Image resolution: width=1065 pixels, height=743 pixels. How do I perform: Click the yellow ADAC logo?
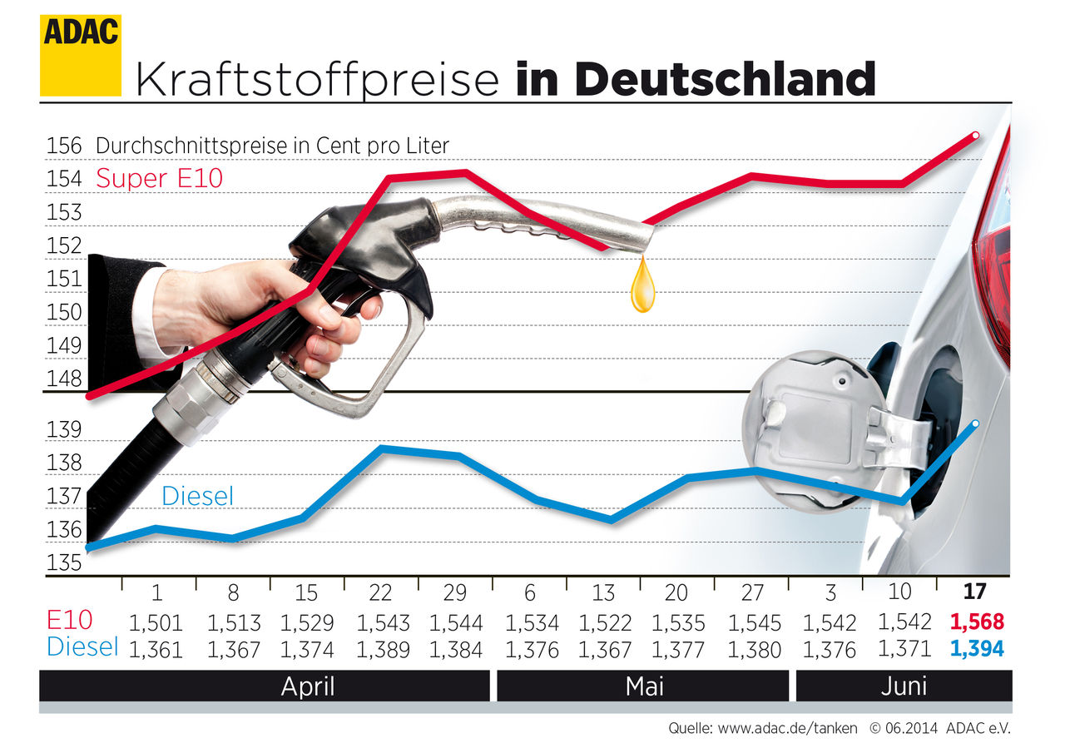[x=80, y=55]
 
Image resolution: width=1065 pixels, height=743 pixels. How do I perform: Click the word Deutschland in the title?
[x=696, y=79]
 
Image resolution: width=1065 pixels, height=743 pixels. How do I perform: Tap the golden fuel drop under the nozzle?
[x=642, y=286]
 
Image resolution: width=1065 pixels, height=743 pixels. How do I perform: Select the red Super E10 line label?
[x=160, y=178]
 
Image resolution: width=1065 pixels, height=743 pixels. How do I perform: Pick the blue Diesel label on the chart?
[x=197, y=497]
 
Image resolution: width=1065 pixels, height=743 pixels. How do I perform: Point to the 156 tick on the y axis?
[x=64, y=146]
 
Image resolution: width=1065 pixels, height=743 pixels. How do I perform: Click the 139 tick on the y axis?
[x=64, y=431]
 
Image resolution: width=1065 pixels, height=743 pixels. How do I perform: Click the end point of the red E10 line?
[x=975, y=135]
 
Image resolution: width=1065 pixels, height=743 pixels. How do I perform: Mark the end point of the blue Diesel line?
[x=975, y=424]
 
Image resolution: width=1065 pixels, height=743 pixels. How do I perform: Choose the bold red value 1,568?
[x=976, y=622]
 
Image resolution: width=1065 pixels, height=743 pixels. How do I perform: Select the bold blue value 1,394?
[x=976, y=649]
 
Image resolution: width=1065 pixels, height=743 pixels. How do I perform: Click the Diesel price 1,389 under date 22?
[x=382, y=649]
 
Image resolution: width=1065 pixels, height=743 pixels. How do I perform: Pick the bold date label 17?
[x=974, y=592]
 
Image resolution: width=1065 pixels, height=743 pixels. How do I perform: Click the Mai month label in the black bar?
[x=644, y=686]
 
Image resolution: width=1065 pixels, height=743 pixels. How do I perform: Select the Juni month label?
[x=903, y=686]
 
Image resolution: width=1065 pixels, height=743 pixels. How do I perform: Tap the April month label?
[x=308, y=686]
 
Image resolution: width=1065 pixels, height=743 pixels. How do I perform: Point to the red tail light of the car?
[x=994, y=250]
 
